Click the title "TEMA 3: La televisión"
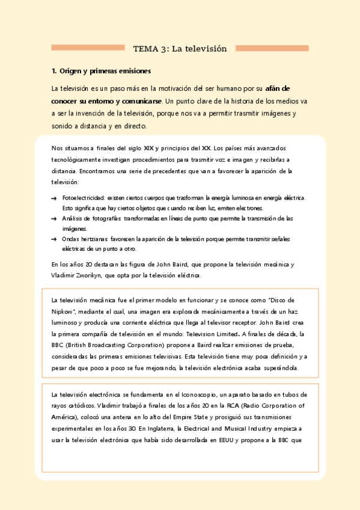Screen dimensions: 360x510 point(180,49)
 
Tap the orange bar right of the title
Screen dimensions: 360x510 point(272,48)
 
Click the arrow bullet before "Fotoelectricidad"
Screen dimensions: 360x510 point(55,198)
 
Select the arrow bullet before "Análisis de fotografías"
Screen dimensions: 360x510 point(55,218)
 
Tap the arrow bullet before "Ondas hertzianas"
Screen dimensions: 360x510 point(55,239)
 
